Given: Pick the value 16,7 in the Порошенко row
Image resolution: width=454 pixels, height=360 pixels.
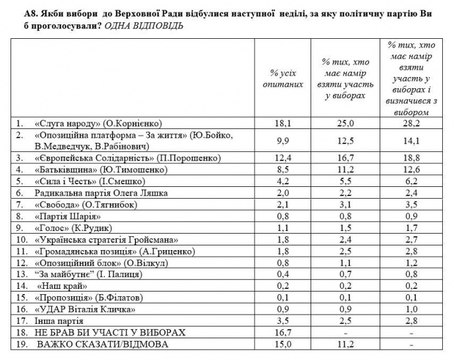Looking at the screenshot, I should pos(345,159).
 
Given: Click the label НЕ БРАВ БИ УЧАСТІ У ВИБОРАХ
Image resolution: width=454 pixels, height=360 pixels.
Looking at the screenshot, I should pos(105,333).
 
